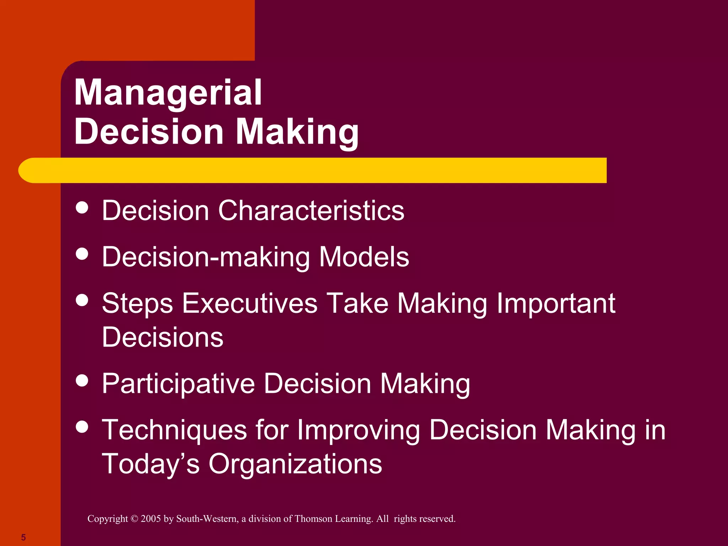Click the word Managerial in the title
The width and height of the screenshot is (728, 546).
point(168,93)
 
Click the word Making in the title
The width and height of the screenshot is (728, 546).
point(297,132)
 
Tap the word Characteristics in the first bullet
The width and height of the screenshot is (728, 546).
point(311,210)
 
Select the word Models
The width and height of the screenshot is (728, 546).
point(364,257)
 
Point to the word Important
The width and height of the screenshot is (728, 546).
point(556,303)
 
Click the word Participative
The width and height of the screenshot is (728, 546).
point(178,384)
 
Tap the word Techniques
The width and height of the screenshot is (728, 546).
point(174,430)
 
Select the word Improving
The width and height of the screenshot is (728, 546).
point(358,430)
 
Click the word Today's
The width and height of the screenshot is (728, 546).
point(151,464)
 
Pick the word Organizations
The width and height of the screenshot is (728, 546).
point(295,464)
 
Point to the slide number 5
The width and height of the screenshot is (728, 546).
point(23,537)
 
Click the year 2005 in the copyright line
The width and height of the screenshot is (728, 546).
point(151,519)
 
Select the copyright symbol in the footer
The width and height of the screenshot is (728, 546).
point(134,519)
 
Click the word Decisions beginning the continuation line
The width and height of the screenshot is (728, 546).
point(162,337)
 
